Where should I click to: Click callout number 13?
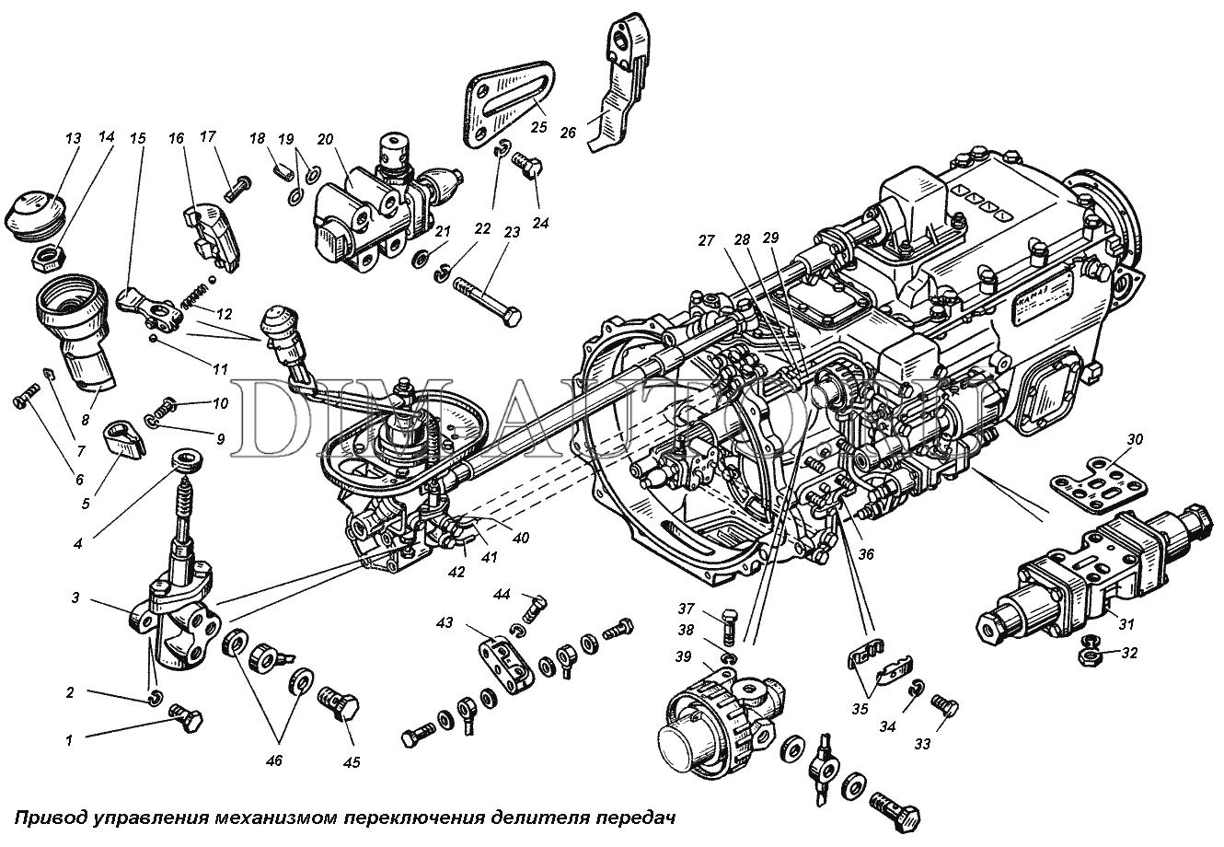[73, 138]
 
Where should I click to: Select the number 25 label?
[538, 125]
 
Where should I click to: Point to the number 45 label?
[351, 761]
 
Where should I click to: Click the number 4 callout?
[78, 543]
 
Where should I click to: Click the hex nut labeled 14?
[42, 257]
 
